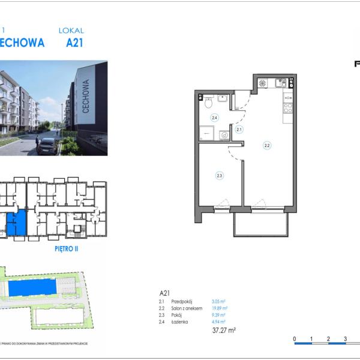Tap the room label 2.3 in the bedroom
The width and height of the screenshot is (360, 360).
(x=220, y=175)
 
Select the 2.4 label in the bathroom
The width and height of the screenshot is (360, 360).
(x=214, y=118)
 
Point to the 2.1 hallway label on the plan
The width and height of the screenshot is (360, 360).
(x=238, y=129)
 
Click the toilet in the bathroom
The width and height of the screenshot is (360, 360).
(x=208, y=103)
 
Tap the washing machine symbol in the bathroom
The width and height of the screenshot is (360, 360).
(x=224, y=135)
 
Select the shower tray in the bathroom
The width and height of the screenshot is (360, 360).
(x=206, y=133)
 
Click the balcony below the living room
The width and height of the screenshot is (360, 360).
(x=261, y=223)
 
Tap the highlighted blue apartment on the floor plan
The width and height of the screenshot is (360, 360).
(x=17, y=223)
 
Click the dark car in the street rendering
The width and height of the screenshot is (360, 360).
(x=47, y=146)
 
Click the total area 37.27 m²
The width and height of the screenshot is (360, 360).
(x=224, y=330)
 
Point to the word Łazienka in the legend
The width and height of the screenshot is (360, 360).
(x=179, y=322)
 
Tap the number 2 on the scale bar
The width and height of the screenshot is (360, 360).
(x=328, y=339)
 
